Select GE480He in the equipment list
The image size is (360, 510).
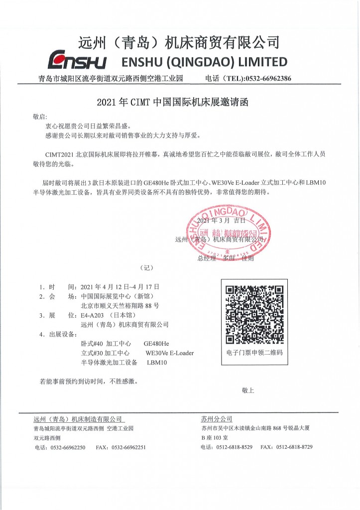point(156,344)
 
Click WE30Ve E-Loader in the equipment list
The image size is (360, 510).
point(169,353)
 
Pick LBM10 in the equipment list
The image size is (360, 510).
point(157,363)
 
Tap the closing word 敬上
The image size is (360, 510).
point(247,390)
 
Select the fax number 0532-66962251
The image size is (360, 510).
point(127,447)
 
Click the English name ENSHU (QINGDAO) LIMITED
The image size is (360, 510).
point(205,62)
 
